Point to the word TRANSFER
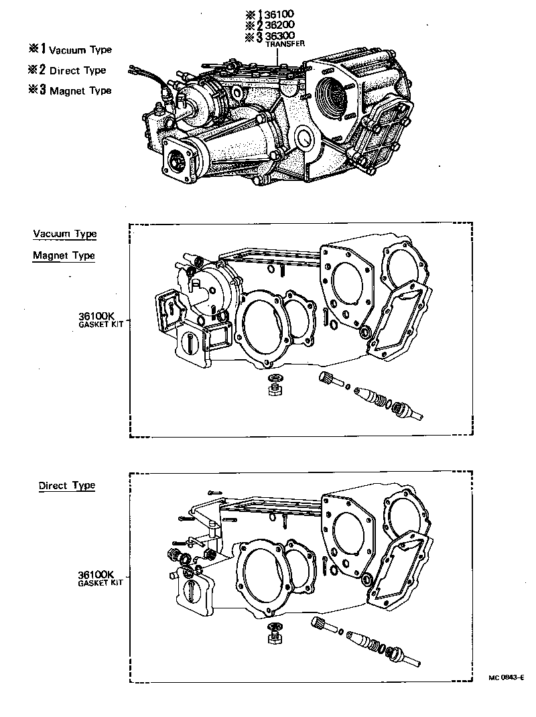pyautogui.click(x=285, y=44)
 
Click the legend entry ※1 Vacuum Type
pyautogui.click(x=70, y=50)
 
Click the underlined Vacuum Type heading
pyautogui.click(x=64, y=234)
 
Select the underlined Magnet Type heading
pyautogui.click(x=64, y=255)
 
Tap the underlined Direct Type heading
pyautogui.click(x=66, y=485)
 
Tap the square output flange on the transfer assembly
pyautogui.click(x=178, y=161)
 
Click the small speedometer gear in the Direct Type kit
pyautogui.click(x=320, y=625)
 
